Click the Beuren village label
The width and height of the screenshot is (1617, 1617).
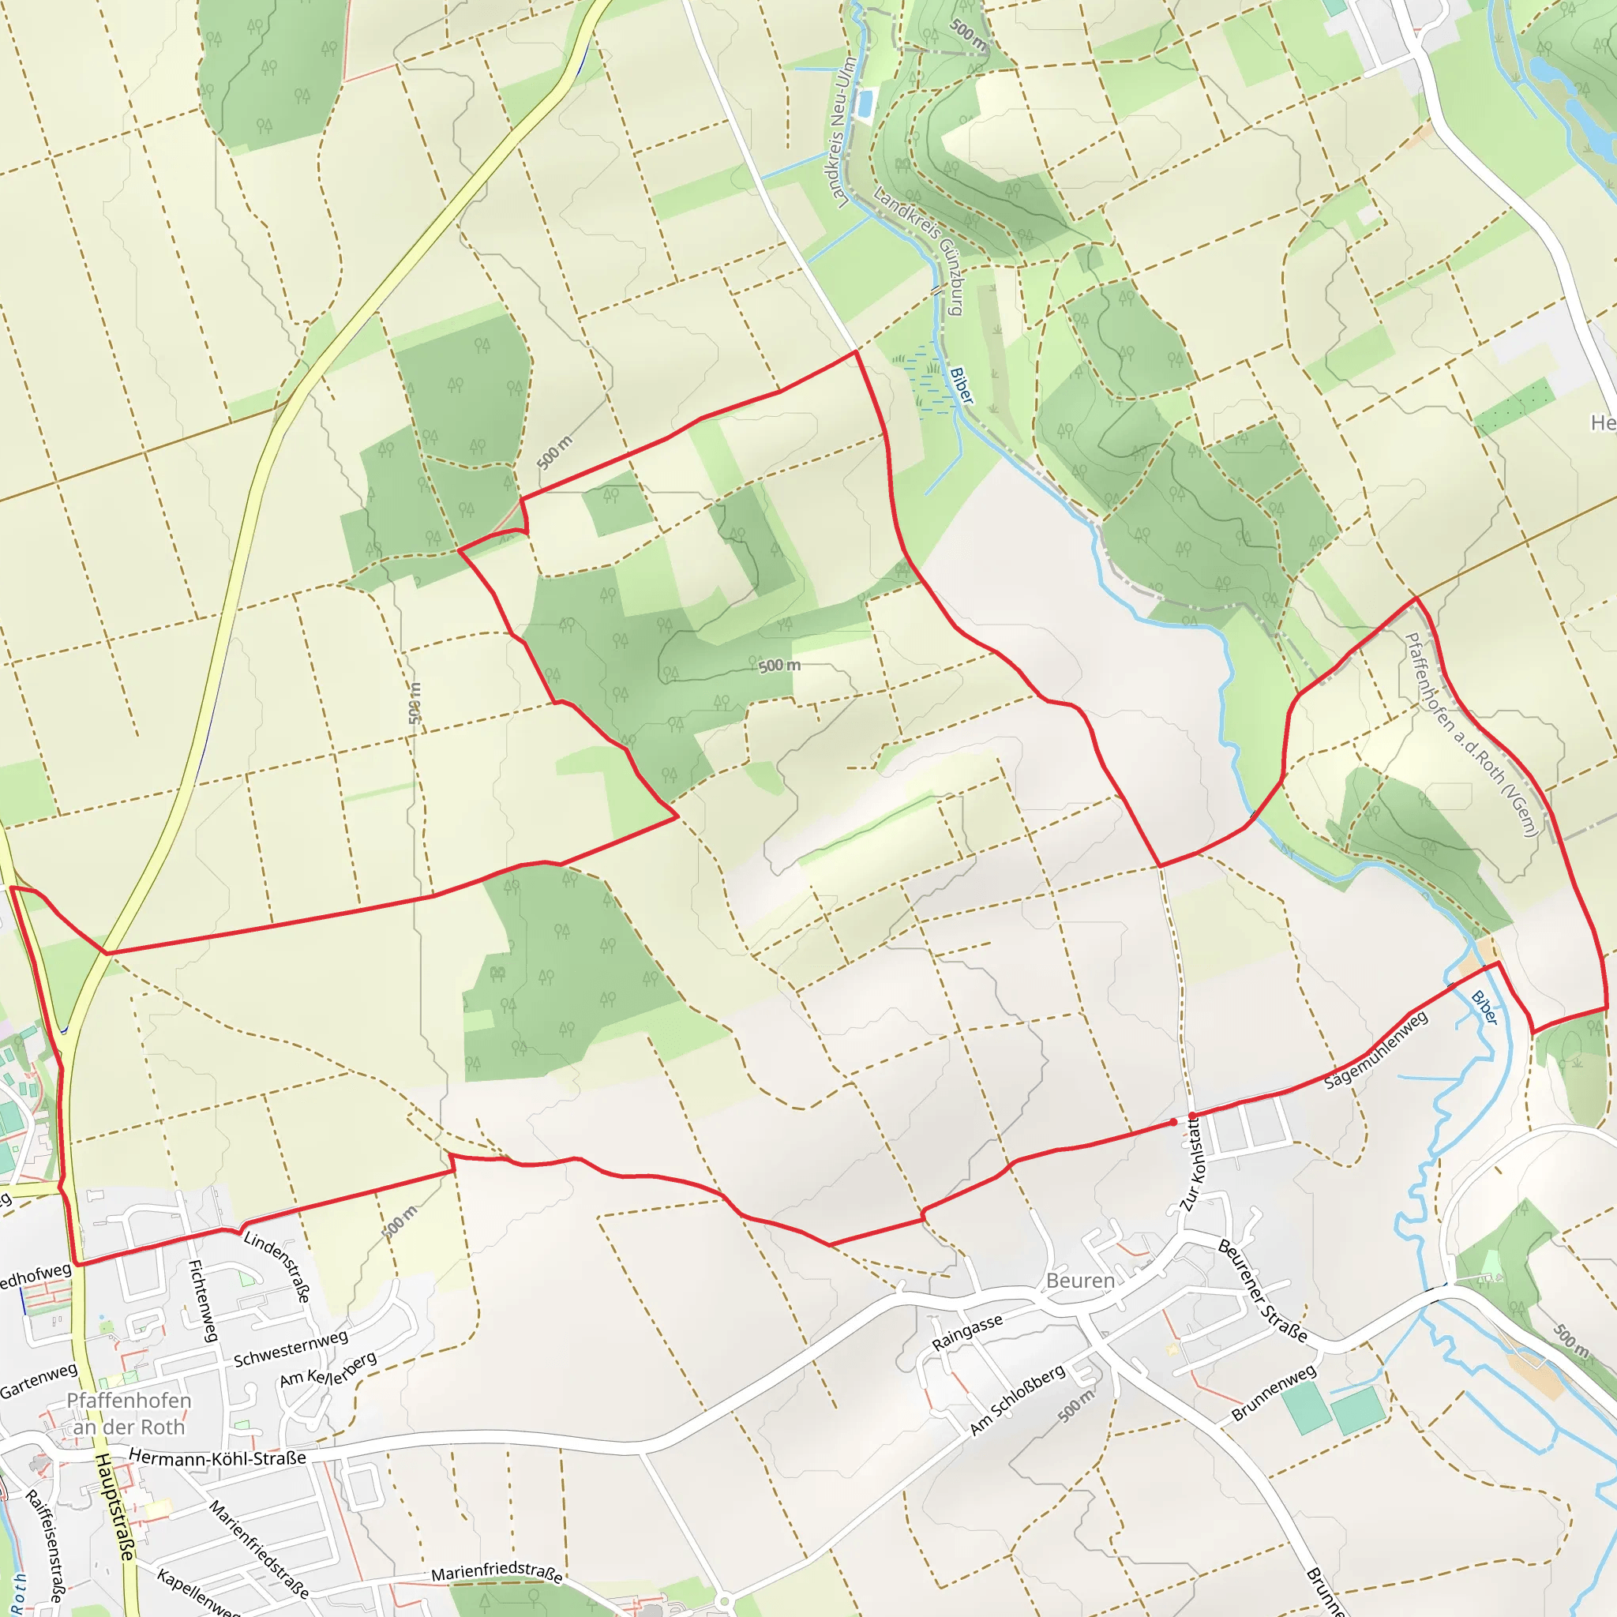(1079, 1281)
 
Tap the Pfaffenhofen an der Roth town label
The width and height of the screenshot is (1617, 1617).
(129, 1413)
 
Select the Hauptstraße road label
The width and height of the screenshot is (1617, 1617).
(114, 1506)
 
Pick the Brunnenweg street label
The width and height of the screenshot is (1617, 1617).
(1274, 1394)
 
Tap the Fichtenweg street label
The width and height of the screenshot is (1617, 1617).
(204, 1300)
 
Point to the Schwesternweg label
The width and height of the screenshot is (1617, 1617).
(291, 1349)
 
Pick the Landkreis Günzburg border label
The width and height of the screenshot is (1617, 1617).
(919, 251)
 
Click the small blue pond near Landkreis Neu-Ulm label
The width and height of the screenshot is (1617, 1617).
(865, 103)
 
